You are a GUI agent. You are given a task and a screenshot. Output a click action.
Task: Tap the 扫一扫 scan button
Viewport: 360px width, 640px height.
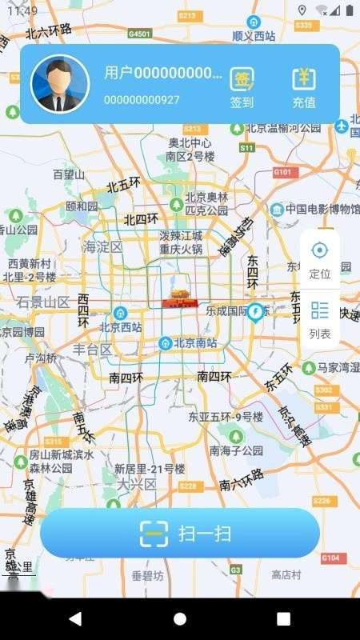click(x=180, y=534)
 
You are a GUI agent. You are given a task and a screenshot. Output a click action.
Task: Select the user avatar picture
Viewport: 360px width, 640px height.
click(x=59, y=84)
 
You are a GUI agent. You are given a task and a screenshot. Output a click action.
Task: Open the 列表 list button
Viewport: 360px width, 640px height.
click(x=320, y=319)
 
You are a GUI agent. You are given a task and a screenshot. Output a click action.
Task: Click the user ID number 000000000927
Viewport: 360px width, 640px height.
click(x=142, y=100)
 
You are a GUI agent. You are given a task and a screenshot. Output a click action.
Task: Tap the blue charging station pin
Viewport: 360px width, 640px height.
click(x=256, y=311)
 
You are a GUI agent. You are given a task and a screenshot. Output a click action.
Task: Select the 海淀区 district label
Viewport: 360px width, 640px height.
click(x=103, y=247)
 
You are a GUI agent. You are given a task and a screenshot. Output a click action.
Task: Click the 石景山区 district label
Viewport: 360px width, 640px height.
click(x=43, y=302)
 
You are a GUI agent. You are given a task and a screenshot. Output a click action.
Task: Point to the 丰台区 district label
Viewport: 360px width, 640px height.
click(x=93, y=350)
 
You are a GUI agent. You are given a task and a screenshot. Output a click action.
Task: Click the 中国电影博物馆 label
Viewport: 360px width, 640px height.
click(x=320, y=210)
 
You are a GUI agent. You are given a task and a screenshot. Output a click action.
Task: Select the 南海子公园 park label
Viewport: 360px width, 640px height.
click(x=236, y=450)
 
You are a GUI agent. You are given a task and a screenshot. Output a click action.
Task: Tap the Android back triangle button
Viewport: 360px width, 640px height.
click(x=75, y=619)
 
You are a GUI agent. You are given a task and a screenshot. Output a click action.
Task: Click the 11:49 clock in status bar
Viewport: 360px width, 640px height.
click(x=22, y=10)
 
